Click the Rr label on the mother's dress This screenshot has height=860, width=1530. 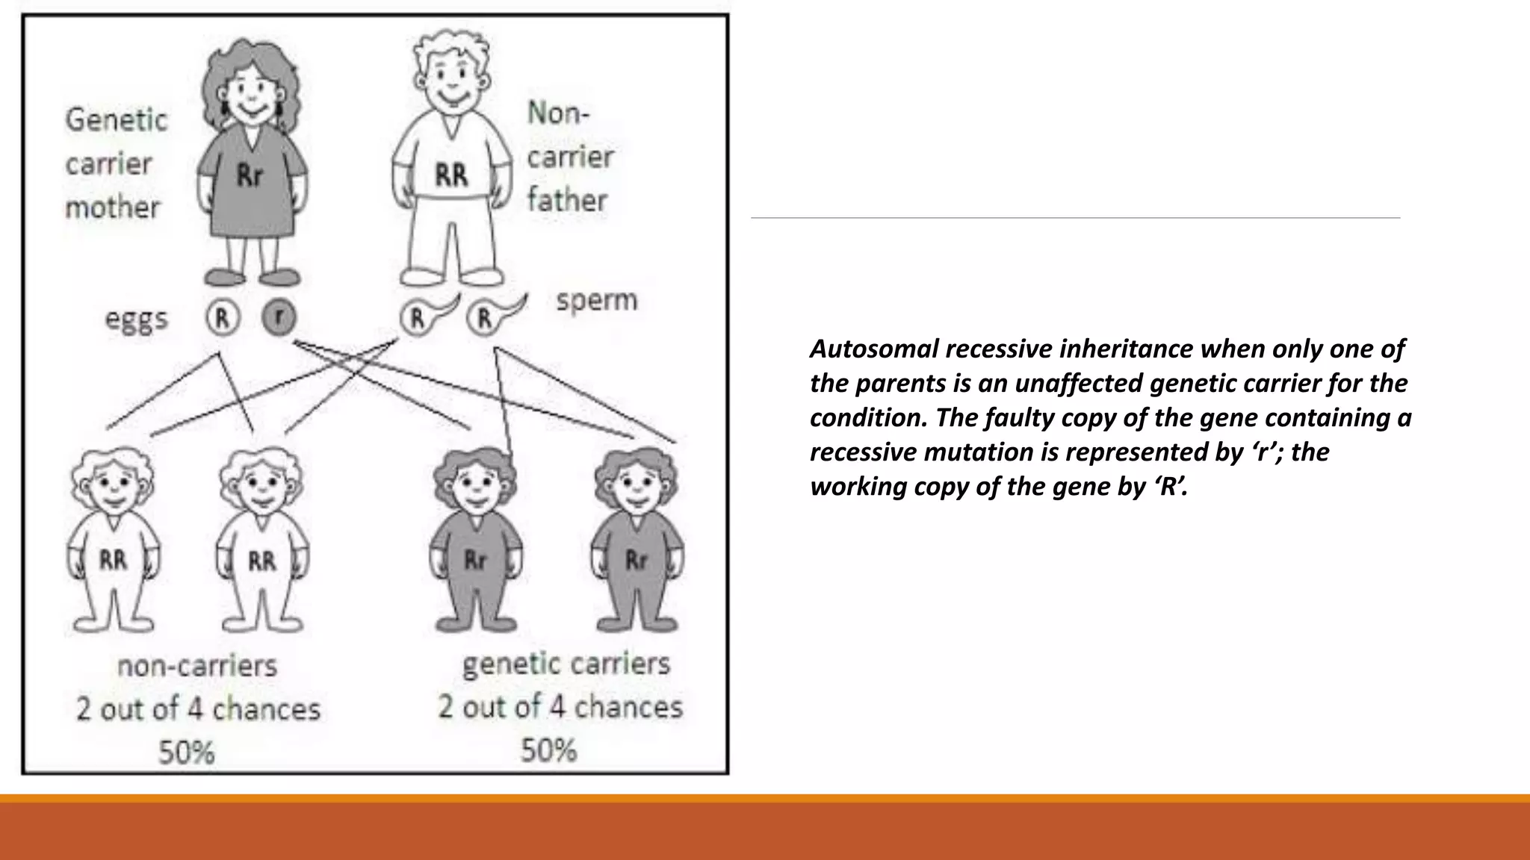tap(250, 176)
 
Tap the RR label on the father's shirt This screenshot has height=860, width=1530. tap(451, 176)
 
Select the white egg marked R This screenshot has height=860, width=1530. tap(222, 318)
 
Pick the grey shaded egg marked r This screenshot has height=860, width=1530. tap(279, 318)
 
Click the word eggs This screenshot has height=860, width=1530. tap(137, 320)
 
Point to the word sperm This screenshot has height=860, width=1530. tap(597, 300)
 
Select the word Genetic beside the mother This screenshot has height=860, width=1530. tap(117, 120)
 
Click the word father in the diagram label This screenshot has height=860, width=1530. tap(568, 200)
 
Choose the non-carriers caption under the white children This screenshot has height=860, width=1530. tap(197, 665)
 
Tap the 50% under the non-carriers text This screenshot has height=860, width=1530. tap(187, 752)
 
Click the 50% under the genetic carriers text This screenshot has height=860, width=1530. tap(549, 750)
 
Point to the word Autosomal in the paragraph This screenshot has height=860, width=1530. tap(873, 349)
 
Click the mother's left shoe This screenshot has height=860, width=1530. tap(220, 278)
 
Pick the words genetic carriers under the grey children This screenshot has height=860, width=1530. tap(566, 664)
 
